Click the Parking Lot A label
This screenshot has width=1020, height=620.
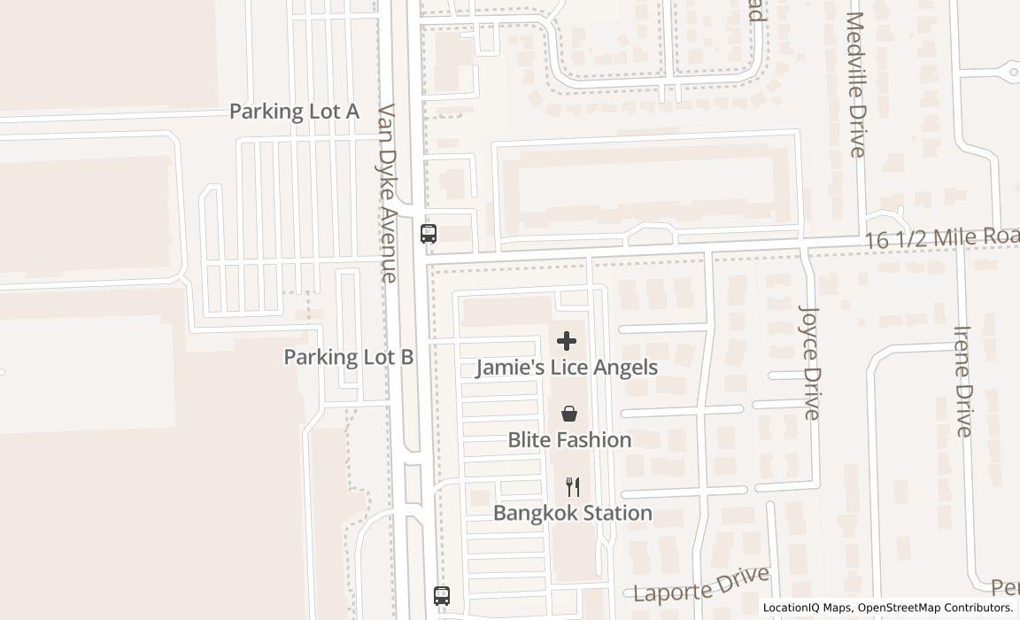coord(294,112)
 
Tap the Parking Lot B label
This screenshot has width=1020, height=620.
coord(348,357)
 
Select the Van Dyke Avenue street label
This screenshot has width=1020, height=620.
coord(388,193)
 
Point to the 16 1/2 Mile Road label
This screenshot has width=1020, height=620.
coord(941,238)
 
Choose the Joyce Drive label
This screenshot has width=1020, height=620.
coord(810,361)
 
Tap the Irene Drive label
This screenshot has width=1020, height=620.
coord(963,381)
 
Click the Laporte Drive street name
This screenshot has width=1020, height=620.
coord(701,583)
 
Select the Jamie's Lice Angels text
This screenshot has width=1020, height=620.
coord(567,368)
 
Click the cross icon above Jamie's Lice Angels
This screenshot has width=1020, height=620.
coord(567,341)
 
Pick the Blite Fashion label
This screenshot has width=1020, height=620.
coord(569,440)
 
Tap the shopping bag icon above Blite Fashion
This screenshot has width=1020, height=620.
coord(569,414)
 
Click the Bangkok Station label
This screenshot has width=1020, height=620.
coord(573,513)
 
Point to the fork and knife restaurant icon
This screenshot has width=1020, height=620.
coord(573,487)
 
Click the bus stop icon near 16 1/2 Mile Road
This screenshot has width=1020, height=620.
coord(429,233)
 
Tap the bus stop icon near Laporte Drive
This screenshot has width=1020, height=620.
coord(442,596)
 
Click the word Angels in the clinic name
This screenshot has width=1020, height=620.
coord(626,368)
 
